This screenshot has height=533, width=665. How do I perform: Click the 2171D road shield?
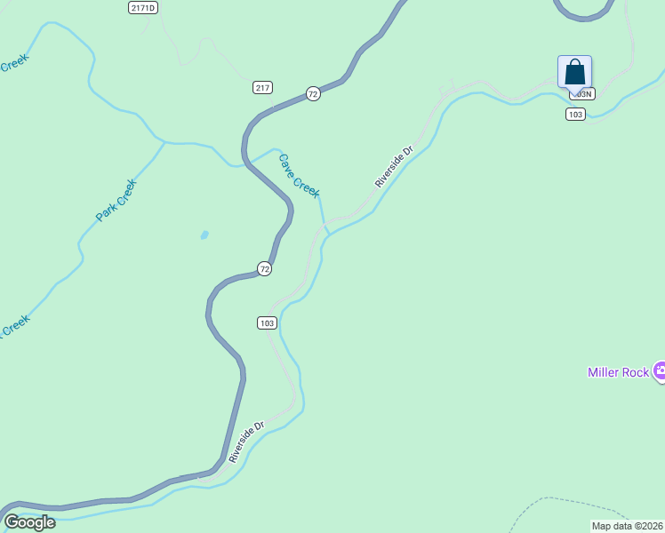[142, 7]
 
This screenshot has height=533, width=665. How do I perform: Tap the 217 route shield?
[261, 87]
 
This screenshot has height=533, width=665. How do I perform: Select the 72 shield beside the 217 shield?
[312, 93]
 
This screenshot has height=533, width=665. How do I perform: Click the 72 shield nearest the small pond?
[264, 268]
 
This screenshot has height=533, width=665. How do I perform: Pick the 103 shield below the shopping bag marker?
[575, 114]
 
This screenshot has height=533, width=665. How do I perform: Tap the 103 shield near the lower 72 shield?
[268, 322]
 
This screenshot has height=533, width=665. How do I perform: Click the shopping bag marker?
[574, 72]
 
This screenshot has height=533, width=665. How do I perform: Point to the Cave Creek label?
[299, 176]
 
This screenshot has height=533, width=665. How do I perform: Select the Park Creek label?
[116, 201]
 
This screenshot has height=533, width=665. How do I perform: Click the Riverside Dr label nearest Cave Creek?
[394, 167]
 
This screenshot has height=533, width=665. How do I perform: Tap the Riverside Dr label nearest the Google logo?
[246, 442]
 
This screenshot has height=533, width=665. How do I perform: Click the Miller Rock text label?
[618, 372]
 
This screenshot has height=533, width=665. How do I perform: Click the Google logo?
[29, 522]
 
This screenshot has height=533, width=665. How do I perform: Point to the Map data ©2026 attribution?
[628, 526]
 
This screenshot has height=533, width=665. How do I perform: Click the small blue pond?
[204, 235]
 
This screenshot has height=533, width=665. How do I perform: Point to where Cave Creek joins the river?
[329, 233]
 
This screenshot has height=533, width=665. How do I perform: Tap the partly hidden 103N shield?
[582, 93]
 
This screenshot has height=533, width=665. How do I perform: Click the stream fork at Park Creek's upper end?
[164, 141]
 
